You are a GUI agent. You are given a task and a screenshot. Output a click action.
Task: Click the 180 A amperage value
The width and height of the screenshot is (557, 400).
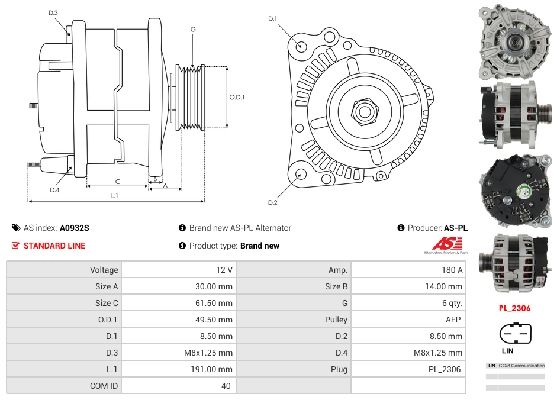pos(453,270)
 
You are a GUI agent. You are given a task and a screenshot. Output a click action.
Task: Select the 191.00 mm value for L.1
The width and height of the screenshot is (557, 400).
pos(216,369)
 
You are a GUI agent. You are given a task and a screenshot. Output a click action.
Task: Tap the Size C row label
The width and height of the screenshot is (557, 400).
pos(107,303)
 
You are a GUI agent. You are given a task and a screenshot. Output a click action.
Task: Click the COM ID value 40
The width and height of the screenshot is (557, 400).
pos(226,386)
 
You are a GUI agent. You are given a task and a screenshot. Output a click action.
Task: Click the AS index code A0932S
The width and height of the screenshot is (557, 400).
pos(74,228)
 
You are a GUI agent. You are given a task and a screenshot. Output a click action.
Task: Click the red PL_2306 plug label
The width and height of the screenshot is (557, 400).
pos(514,308)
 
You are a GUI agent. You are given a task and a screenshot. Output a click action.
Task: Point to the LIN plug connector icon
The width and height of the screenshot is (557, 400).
pos(516,334)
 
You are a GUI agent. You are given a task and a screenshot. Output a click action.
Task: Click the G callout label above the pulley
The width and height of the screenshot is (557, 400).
pos(193,30)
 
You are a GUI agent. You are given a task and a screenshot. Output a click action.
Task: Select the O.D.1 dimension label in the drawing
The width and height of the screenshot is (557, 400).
pos(237,98)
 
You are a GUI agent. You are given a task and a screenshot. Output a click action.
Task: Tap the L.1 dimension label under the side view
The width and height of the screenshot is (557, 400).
pos(114,195)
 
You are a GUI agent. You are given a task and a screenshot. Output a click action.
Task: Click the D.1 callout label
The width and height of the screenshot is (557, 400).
pos(272,19)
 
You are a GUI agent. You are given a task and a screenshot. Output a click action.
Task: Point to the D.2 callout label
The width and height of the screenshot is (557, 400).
pos(272,202)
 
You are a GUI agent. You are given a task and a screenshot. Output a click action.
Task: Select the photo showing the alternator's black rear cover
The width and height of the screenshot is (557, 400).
pos(514,191)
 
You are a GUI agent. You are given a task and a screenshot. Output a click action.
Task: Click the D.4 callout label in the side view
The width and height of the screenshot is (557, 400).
pos(54,190)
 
